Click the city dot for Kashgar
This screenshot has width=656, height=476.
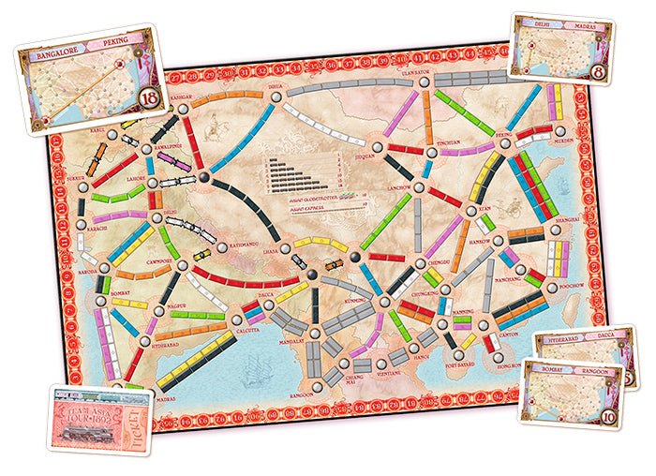point(183,110)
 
